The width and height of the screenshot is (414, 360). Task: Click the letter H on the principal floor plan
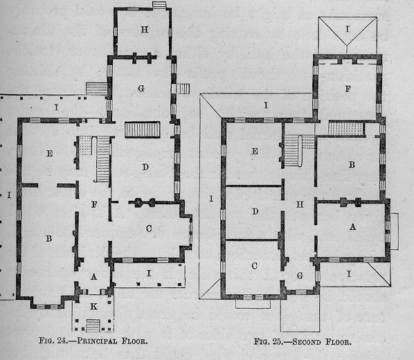[x=145, y=29]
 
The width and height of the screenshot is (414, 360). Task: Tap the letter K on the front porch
[x=93, y=307]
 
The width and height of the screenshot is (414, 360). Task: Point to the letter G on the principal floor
[x=141, y=89]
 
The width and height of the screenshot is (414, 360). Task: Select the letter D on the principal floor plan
[x=145, y=167]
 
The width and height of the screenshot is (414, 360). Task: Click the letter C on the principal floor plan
[x=149, y=228]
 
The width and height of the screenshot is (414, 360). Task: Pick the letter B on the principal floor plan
[x=49, y=239]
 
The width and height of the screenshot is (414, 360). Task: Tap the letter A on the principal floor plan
[x=93, y=276]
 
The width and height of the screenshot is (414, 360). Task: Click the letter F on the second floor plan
[x=348, y=89]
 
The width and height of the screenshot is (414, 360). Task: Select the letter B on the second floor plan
[x=352, y=165]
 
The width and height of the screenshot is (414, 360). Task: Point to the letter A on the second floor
[x=353, y=227]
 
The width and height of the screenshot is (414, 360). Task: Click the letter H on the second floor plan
[x=300, y=204]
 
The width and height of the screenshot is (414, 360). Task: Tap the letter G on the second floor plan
[x=300, y=276]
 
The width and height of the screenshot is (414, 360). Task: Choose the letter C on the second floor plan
[x=254, y=266]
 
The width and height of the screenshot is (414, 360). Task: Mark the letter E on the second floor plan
[x=255, y=151]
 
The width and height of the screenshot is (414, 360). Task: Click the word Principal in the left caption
[x=97, y=341]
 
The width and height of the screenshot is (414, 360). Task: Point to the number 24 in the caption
[x=62, y=341]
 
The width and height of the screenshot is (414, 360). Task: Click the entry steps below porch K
[x=93, y=325]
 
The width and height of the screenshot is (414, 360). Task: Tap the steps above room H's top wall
[x=159, y=5]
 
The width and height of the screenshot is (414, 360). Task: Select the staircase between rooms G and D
[x=143, y=129]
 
